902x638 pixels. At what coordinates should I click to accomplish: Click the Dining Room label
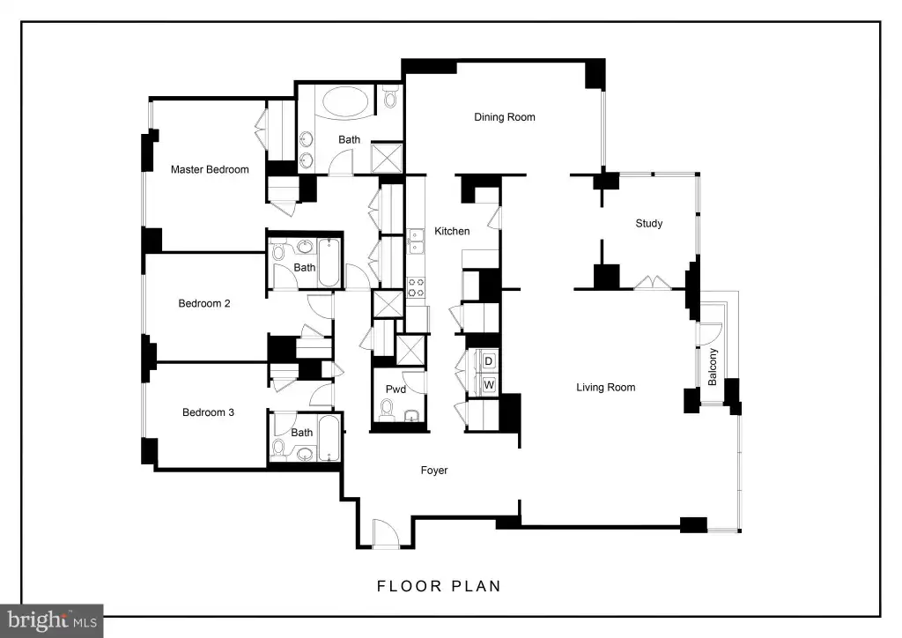(x=505, y=117)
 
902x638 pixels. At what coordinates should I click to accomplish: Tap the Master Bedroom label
(x=210, y=170)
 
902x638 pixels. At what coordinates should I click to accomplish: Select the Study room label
(x=649, y=224)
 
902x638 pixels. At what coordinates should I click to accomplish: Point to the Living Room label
(x=606, y=388)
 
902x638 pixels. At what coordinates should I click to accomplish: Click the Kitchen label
(x=452, y=231)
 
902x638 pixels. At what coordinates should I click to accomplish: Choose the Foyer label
(x=434, y=471)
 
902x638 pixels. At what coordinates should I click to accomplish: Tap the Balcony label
(x=713, y=367)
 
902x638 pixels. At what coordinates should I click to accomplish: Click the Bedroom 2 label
(x=204, y=304)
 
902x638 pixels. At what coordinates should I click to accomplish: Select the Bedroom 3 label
(x=208, y=412)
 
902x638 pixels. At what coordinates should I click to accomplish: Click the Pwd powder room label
(x=396, y=389)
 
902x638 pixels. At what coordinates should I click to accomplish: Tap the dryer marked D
(x=488, y=361)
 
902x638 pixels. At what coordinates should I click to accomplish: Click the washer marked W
(x=488, y=385)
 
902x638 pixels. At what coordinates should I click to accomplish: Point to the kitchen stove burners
(x=416, y=287)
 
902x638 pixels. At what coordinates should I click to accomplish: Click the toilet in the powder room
(x=387, y=410)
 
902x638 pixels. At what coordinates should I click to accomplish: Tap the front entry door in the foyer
(x=386, y=533)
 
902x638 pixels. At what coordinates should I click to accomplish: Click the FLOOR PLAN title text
(x=439, y=586)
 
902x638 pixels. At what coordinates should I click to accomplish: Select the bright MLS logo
(x=52, y=620)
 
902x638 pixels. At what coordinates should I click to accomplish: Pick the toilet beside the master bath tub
(x=391, y=97)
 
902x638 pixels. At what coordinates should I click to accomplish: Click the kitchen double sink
(x=416, y=241)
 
